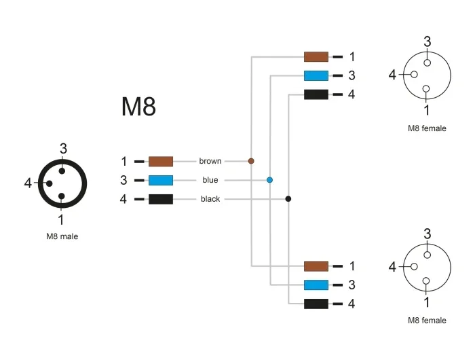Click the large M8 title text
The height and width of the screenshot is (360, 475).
(138, 107)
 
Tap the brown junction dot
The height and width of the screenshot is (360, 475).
(251, 161)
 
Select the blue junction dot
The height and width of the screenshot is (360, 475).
(269, 180)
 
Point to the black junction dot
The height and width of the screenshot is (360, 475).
(288, 199)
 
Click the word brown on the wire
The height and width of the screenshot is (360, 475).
(210, 161)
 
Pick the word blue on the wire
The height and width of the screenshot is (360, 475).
(210, 180)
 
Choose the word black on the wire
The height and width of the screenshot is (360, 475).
(210, 199)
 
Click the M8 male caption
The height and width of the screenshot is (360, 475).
(62, 236)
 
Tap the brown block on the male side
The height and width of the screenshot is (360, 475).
(161, 162)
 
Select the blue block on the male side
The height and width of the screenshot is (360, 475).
(161, 181)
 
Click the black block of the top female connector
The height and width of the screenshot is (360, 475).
(316, 94)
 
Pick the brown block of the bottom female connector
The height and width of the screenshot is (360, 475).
(316, 266)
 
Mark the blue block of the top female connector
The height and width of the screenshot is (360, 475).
(316, 75)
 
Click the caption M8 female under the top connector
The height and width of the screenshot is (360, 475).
(427, 128)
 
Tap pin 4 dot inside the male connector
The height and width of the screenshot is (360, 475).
(49, 183)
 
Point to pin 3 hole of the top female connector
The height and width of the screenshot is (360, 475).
(427, 62)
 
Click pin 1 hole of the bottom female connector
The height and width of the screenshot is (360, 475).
(426, 281)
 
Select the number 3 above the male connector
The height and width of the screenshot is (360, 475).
(63, 149)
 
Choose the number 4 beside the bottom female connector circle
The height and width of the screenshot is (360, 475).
(392, 267)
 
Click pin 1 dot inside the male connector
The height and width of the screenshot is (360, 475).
(62, 196)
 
